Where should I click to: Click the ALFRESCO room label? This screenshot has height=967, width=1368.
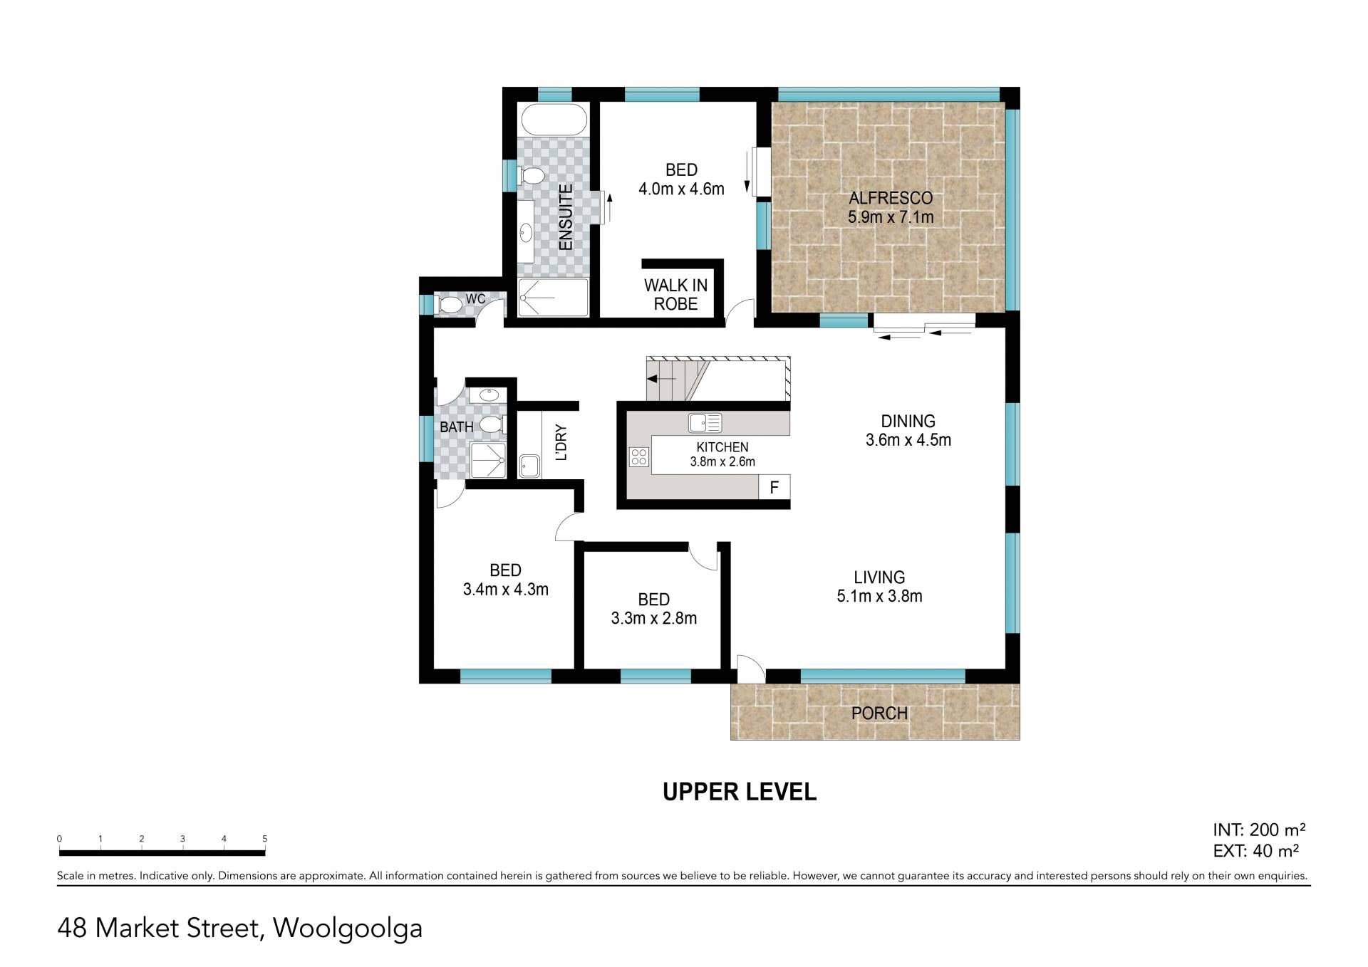point(891,198)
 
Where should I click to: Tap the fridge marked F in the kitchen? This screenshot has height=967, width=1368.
point(774,488)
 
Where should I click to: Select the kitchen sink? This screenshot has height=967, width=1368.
point(705,423)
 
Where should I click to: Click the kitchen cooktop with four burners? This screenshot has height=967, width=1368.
point(639,456)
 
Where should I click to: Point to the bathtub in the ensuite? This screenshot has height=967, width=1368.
point(554,119)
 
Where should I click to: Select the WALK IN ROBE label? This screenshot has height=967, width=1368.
point(675,295)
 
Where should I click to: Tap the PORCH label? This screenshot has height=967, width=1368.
point(879,713)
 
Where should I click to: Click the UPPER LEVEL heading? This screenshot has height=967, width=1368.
point(740,792)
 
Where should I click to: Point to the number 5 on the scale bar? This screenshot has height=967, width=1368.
point(264,839)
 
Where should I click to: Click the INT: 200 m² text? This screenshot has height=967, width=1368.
point(1259,830)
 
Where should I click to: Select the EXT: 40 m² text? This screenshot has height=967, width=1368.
point(1255,851)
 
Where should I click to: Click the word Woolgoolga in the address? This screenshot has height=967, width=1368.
point(348,929)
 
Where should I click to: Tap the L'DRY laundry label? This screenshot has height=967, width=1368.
point(561,442)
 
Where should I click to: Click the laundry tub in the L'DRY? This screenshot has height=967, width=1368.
point(529,466)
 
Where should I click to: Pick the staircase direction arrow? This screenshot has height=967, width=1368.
point(661,379)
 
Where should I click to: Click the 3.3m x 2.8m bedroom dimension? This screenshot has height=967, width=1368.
point(653,618)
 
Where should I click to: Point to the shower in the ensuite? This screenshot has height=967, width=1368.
point(554,297)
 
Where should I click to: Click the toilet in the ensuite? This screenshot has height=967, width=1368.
point(531,175)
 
